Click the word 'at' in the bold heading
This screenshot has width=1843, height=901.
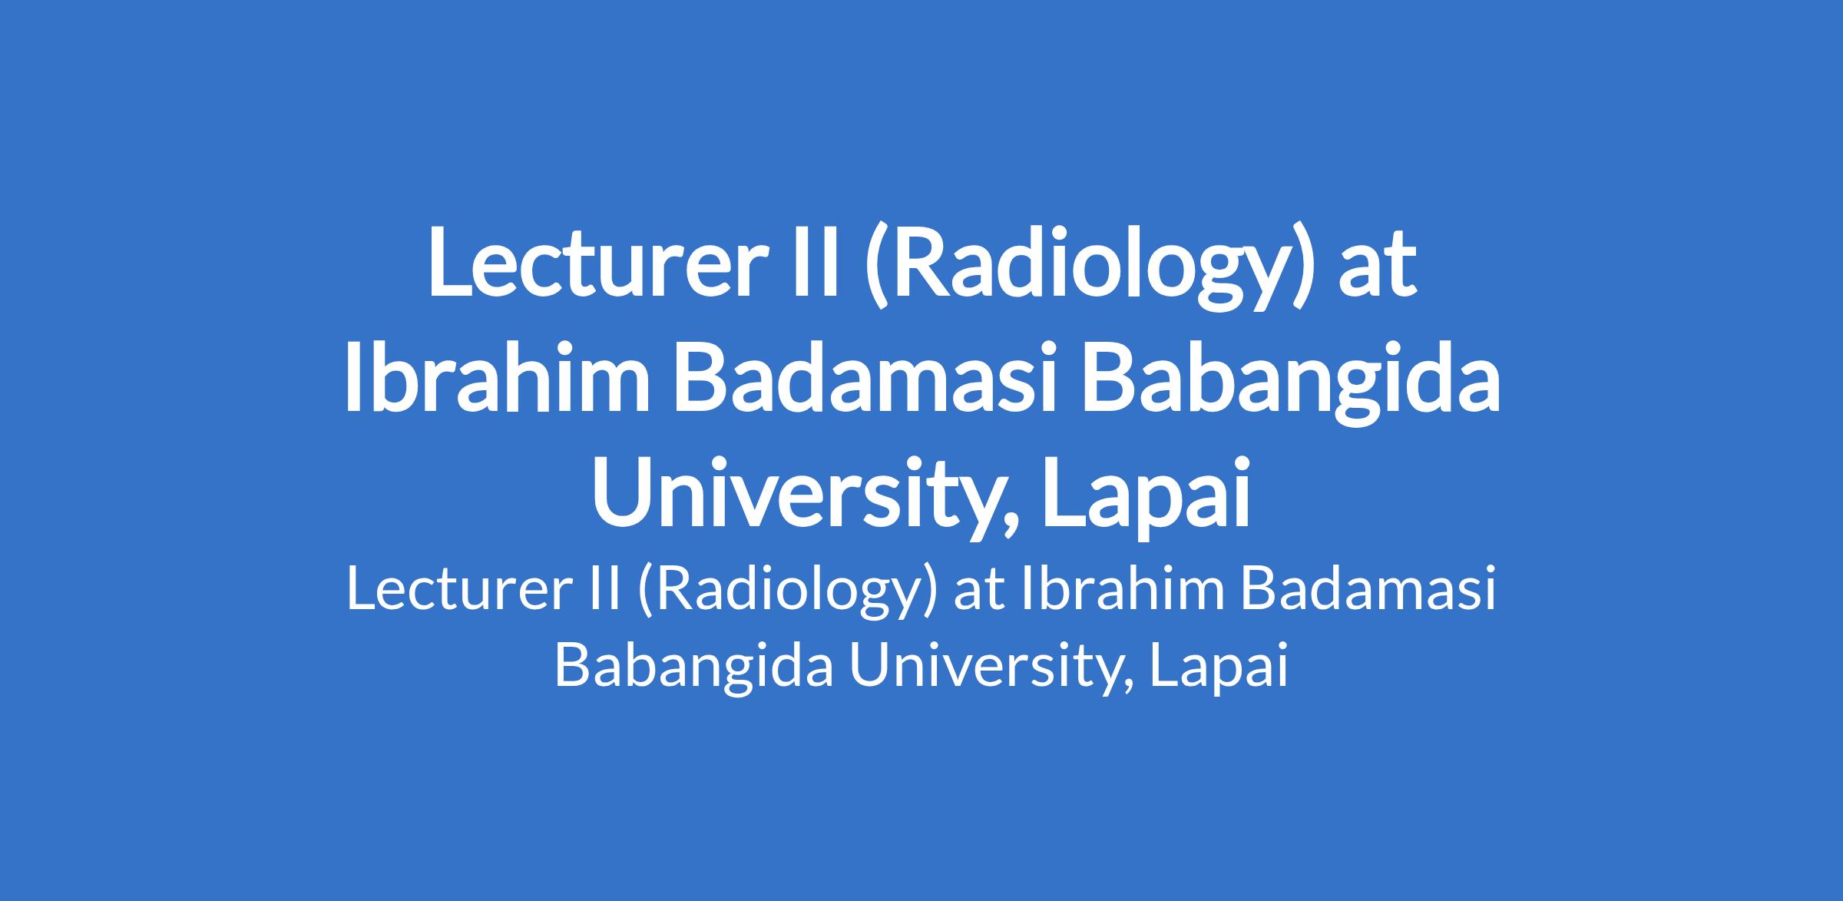pos(1377,266)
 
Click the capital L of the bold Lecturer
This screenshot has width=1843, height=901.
pos(450,261)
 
